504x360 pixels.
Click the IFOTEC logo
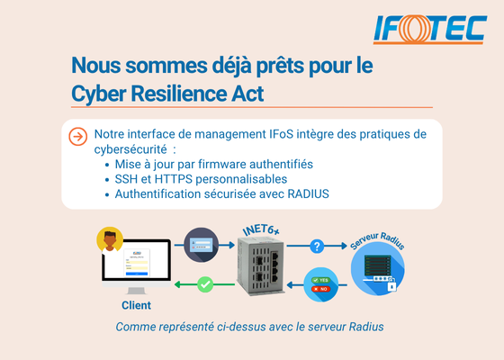(x=430, y=29)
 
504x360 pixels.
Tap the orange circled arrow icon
(x=77, y=137)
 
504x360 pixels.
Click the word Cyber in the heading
(x=98, y=94)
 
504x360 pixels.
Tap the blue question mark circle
(x=317, y=247)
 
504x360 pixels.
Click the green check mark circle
(x=205, y=284)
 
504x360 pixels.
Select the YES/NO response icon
(x=320, y=284)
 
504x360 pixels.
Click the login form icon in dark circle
(x=202, y=245)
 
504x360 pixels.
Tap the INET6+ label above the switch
(x=261, y=229)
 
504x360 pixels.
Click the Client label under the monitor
(x=136, y=305)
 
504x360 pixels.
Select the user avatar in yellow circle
(x=110, y=240)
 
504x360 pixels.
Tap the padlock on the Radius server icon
(x=391, y=284)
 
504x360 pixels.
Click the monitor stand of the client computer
(x=136, y=291)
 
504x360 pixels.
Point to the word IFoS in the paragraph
(x=281, y=134)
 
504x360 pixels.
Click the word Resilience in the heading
(x=178, y=94)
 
